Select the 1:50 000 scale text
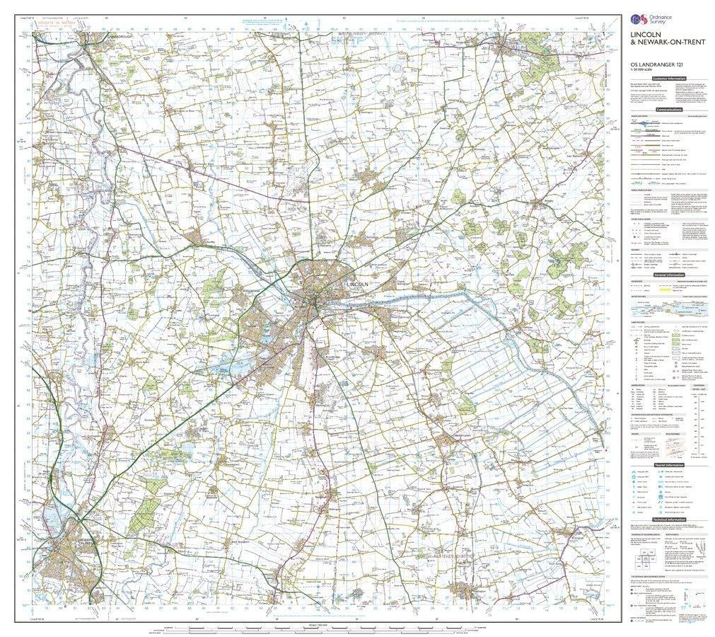(x=641, y=71)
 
